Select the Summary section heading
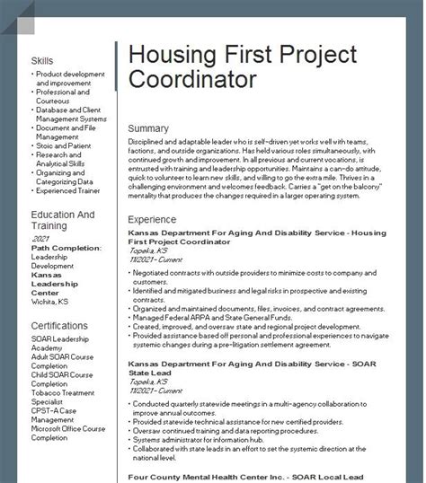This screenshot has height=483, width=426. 148,128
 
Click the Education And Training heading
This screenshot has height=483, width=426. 62,221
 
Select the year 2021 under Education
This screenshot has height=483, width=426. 40,240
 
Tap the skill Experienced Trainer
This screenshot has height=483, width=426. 69,190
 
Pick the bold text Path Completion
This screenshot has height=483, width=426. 65,248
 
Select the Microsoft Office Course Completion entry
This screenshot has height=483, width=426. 67,433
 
